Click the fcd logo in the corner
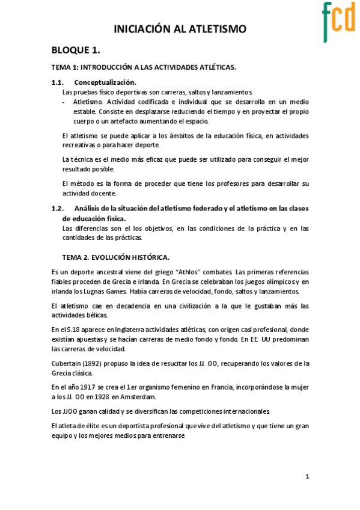[x=338, y=20]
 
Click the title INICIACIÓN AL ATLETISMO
[x=180, y=29]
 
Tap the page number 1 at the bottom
[x=307, y=476]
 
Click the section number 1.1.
[x=58, y=82]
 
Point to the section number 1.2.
[x=58, y=209]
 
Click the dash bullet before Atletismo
[x=64, y=102]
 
